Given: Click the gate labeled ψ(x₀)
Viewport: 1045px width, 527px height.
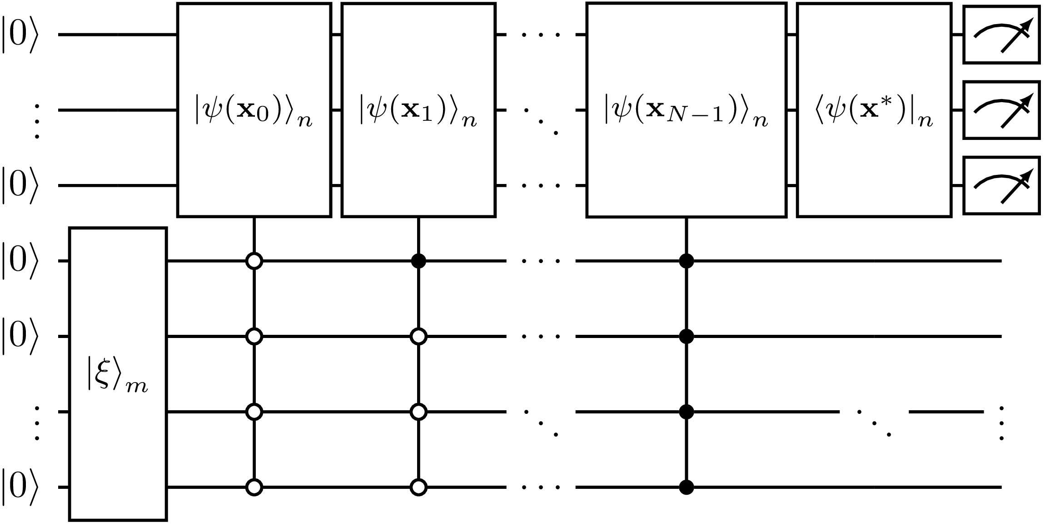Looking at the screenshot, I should point(254,110).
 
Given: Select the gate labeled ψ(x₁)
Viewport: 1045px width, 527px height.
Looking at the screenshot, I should point(418,110).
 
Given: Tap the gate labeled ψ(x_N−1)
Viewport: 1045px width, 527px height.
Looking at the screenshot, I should point(686,110).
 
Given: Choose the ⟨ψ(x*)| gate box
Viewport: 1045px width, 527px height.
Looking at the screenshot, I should point(874,110).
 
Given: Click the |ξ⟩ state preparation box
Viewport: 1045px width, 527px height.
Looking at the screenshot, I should point(118,373).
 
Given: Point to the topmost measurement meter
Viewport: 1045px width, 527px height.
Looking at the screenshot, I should point(1001,35).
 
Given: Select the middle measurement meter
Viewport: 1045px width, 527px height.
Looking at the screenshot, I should point(1001,110).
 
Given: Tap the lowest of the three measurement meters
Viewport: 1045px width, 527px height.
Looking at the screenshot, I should point(1001,185).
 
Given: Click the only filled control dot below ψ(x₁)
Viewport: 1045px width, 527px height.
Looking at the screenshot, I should point(418,261).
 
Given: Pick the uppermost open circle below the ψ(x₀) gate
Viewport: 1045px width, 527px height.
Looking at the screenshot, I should point(254,261).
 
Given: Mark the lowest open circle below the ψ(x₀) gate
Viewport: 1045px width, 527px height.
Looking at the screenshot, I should point(254,487).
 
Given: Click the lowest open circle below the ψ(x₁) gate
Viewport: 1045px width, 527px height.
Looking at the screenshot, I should point(418,487).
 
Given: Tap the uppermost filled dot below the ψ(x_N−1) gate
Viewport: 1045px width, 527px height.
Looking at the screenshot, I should point(686,261).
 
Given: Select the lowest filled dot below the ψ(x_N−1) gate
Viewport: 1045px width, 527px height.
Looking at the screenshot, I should point(686,487).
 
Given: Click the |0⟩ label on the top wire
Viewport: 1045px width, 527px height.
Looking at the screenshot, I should point(20,35).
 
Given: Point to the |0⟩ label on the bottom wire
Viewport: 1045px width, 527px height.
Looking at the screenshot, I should point(20,487).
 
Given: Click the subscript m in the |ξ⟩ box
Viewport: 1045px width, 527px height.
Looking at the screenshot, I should point(137,386).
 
